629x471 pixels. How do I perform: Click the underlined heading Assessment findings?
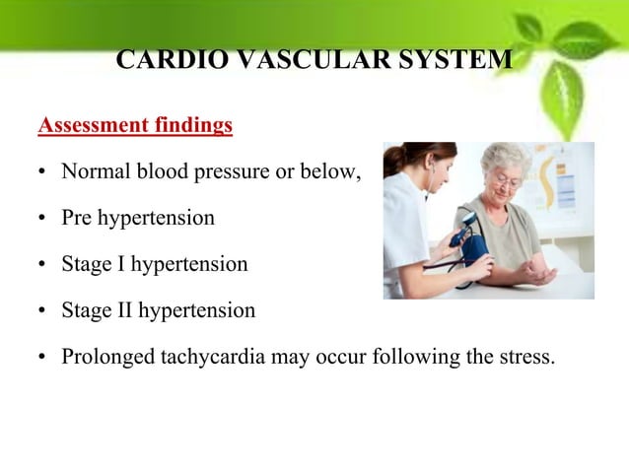click(135, 126)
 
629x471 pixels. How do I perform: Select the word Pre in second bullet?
click(77, 218)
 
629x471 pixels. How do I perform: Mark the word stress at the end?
click(528, 356)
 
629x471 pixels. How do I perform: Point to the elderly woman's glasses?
click(505, 182)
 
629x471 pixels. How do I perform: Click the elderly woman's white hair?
click(507, 158)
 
